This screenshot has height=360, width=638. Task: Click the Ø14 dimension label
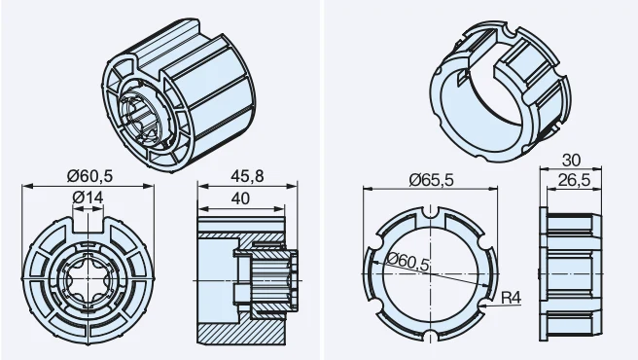[88, 198]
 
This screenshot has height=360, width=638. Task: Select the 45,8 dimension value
[247, 176]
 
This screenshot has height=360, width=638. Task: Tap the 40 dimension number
[240, 198]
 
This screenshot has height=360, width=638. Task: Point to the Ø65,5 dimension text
[431, 180]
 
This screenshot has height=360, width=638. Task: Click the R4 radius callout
[511, 298]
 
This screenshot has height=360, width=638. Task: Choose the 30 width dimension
[571, 161]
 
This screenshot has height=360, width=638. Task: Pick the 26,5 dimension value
[574, 180]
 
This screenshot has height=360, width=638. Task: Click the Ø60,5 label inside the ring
[408, 262]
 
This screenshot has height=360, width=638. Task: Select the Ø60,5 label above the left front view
[89, 176]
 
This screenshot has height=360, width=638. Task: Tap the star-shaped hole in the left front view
[88, 279]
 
